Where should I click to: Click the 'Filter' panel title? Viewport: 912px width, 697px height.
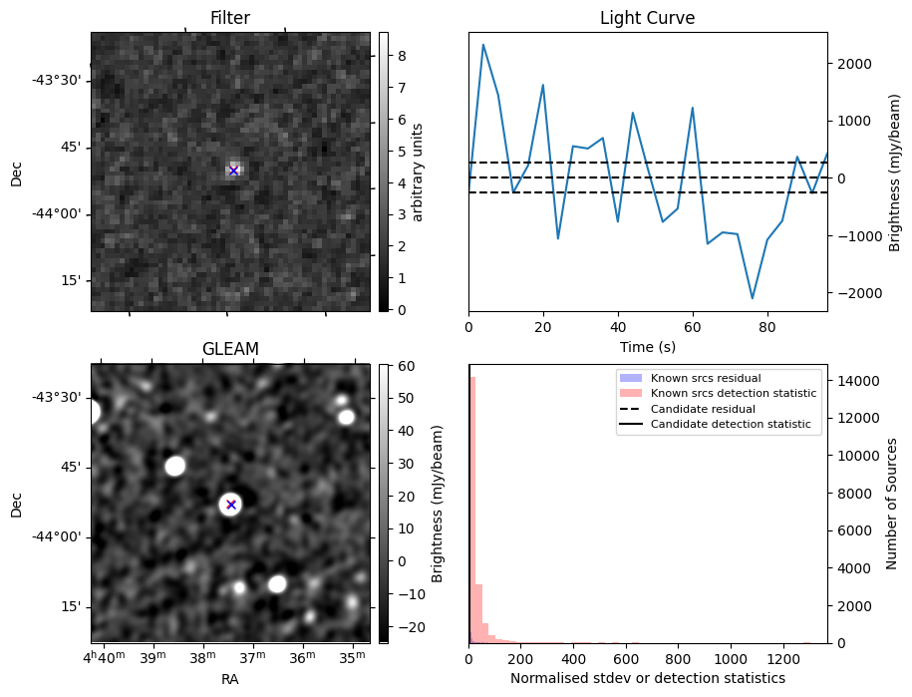click(x=230, y=18)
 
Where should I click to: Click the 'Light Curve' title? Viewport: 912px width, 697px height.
click(x=647, y=18)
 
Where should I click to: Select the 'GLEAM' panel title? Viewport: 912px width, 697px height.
click(x=230, y=349)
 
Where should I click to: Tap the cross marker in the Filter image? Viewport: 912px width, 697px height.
click(x=233, y=171)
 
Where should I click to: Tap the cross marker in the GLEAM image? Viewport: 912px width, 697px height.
click(x=231, y=505)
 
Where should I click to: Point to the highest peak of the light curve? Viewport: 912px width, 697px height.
click(x=483, y=45)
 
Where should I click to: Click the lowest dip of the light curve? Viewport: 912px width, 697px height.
click(x=753, y=298)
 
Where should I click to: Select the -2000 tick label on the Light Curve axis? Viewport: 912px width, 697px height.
click(x=851, y=293)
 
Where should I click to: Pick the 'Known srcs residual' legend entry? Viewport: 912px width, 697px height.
click(x=706, y=379)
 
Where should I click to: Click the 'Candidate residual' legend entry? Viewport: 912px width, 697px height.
click(x=702, y=410)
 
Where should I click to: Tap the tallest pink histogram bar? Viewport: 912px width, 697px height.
click(x=472, y=509)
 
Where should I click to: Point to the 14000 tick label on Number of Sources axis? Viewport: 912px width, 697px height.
click(x=855, y=381)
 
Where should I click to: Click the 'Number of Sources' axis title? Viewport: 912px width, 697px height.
click(x=892, y=504)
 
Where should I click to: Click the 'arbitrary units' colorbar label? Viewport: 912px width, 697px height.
click(x=419, y=172)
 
